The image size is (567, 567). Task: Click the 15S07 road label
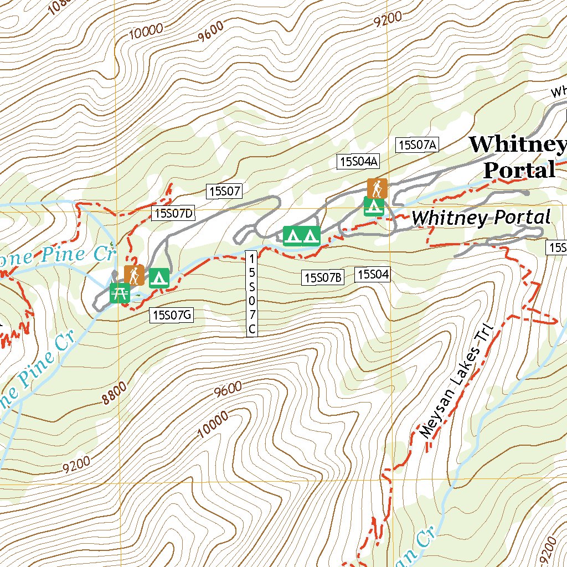tap(225, 192)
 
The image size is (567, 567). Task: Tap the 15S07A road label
tap(417, 145)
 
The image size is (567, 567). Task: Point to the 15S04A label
tap(358, 161)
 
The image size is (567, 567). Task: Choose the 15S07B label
tap(323, 277)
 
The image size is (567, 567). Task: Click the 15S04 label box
tap(374, 274)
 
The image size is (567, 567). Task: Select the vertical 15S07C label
tap(252, 293)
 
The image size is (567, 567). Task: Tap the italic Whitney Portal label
tap(481, 218)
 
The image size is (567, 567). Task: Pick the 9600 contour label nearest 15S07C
tap(228, 389)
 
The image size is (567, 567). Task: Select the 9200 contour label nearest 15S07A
tap(387, 20)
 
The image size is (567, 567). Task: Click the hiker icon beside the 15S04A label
tap(377, 188)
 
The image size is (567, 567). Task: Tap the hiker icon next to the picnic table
tap(134, 275)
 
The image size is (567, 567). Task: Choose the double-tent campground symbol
tap(301, 236)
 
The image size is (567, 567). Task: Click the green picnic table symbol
tap(120, 293)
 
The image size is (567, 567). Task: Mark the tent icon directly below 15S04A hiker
tap(374, 207)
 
